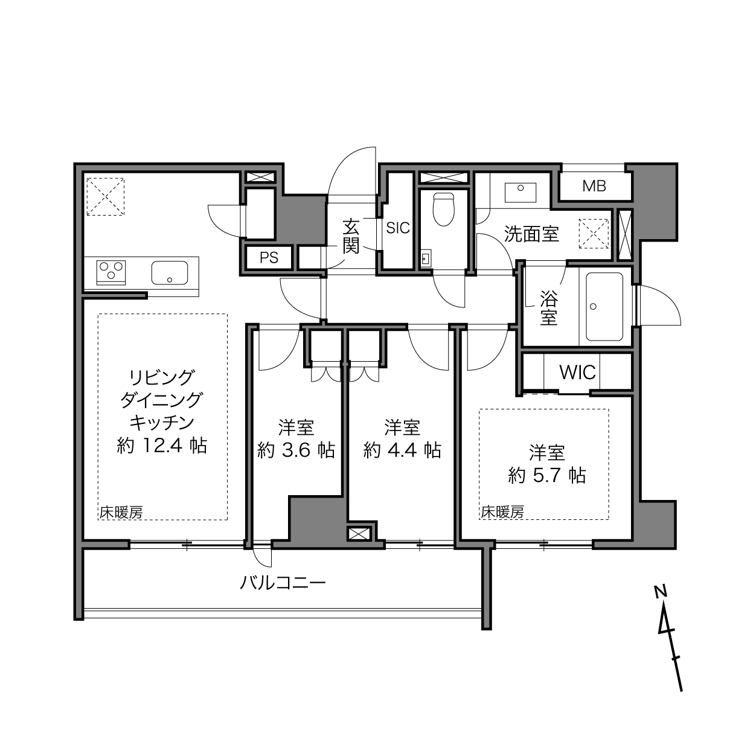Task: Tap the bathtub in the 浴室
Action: pos(604,307)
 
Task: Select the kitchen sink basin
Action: pos(170,273)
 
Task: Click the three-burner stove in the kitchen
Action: pos(111,272)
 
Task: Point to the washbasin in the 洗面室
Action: pos(521,192)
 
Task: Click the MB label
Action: pos(594,187)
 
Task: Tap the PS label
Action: pos(269,258)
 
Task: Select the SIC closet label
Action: pos(398,228)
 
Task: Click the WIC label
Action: pos(577,373)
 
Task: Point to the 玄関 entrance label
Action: pos(350,237)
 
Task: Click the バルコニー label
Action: pos(283,583)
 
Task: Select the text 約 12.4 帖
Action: pos(162,446)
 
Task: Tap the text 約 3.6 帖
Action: pos(296,450)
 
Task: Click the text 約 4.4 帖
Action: pos(402,450)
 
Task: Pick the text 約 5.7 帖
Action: pos(547,476)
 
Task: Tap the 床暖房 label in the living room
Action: pos(121,513)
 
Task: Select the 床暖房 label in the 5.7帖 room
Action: pos(502,512)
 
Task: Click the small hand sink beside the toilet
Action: pos(426,258)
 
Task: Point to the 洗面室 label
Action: pos(531,234)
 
